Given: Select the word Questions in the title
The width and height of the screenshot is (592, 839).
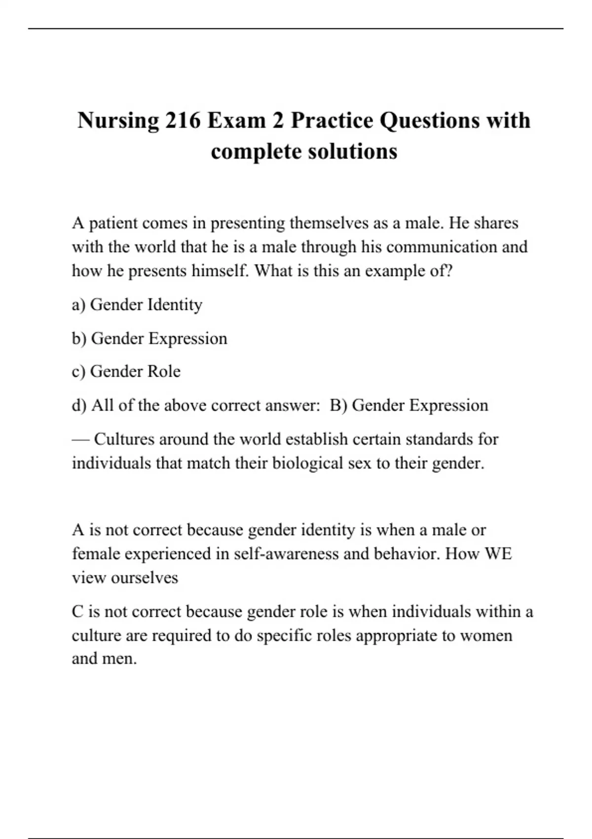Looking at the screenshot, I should (430, 120).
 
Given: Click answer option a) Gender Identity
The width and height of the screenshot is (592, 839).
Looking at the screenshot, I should (137, 305).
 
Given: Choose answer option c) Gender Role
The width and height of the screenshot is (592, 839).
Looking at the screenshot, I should (126, 371).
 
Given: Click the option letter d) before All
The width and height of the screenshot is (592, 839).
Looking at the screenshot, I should (79, 405).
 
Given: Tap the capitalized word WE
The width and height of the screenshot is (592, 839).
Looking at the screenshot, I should (499, 553).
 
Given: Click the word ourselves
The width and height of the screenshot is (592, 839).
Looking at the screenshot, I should (144, 577).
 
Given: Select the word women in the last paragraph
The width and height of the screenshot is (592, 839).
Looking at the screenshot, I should (486, 635).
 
